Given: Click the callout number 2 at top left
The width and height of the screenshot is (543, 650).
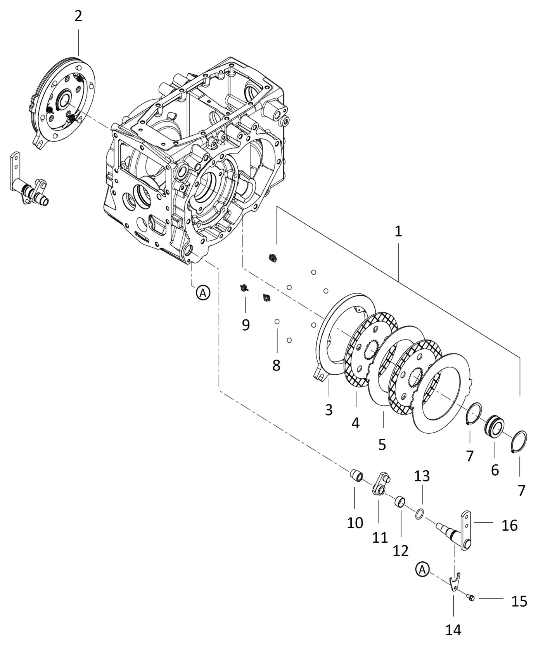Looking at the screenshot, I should click(78, 16).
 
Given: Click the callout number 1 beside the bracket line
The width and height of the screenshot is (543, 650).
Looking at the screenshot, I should click(398, 231).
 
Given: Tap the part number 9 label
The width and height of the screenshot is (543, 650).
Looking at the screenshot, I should click(246, 325).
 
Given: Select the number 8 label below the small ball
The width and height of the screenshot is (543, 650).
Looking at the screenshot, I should click(276, 365).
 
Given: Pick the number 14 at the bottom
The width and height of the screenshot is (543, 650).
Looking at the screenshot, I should click(453, 630).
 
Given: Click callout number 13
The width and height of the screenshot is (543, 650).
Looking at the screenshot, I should click(422, 476).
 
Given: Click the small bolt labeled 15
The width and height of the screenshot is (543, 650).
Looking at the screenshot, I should click(471, 598).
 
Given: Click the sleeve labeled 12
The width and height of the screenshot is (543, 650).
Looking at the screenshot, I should click(400, 502).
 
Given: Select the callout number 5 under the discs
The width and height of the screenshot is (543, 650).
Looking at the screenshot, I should click(382, 445).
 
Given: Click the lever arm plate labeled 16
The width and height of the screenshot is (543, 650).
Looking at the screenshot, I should click(466, 527).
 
